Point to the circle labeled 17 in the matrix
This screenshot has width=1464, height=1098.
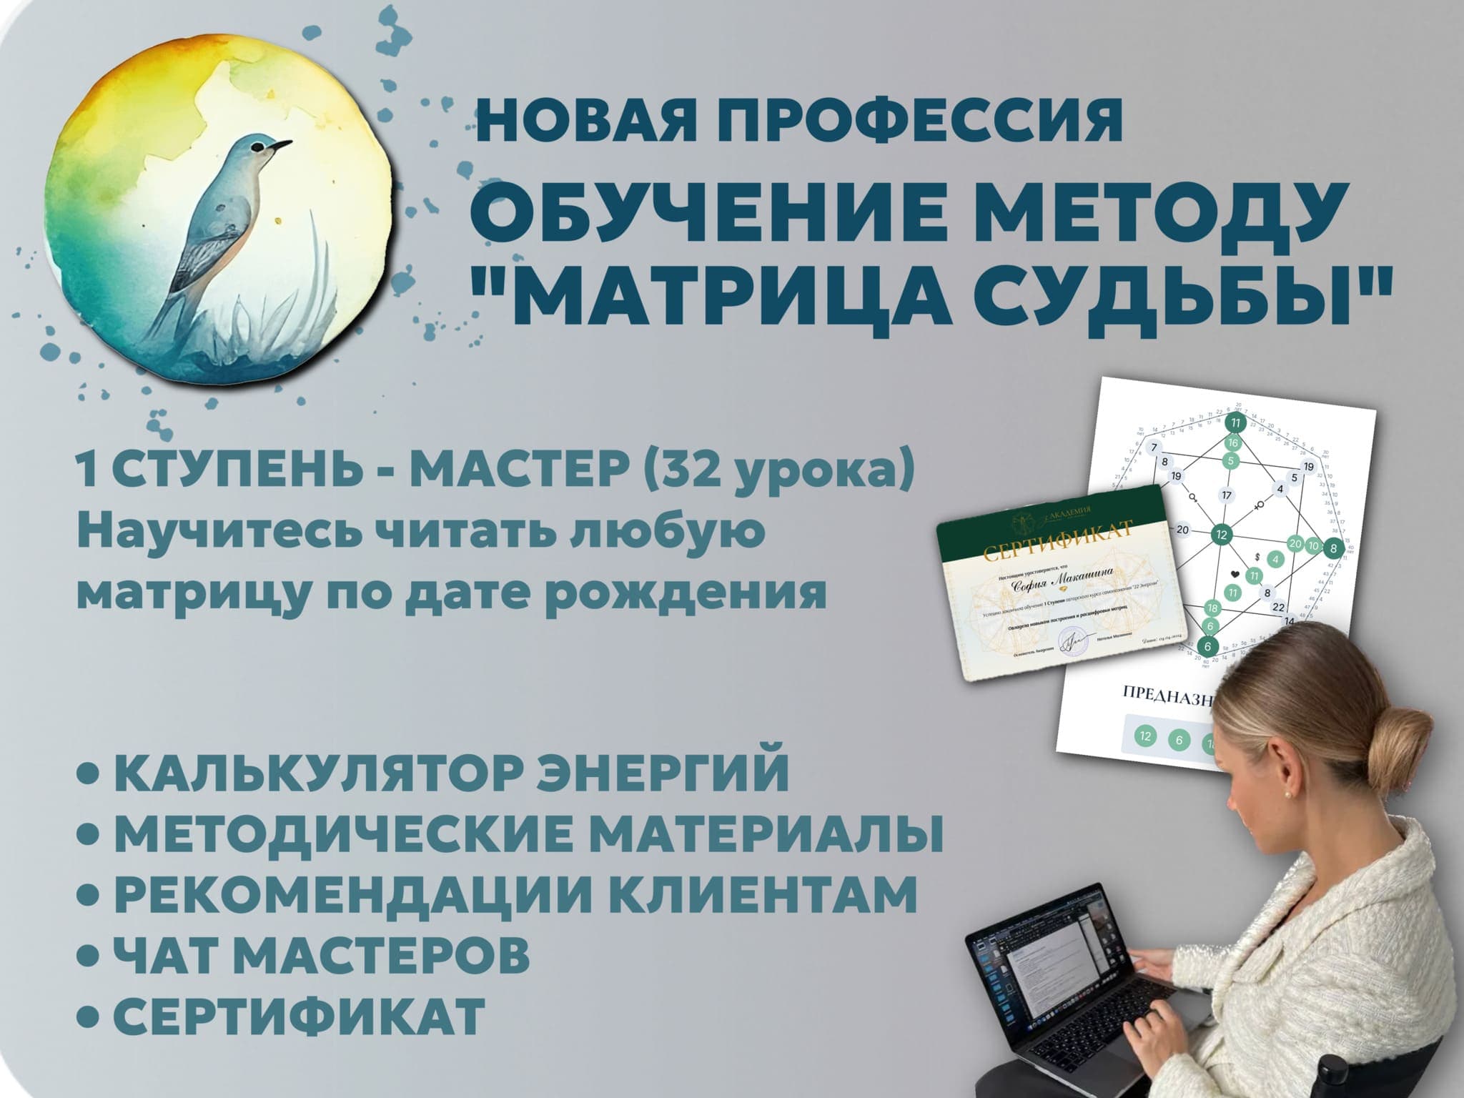(x=1227, y=495)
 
